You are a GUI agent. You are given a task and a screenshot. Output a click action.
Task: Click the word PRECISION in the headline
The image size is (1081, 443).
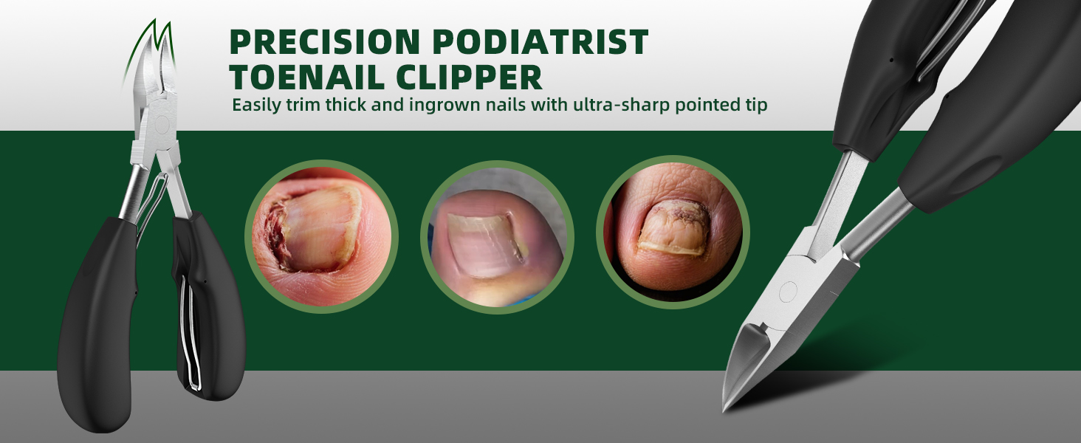point(325,41)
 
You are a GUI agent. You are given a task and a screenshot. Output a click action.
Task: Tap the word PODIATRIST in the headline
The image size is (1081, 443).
point(540,41)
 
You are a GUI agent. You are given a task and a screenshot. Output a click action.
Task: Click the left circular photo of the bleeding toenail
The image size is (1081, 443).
point(321,236)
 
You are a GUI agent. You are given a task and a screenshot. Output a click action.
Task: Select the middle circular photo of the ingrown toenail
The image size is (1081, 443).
point(497,237)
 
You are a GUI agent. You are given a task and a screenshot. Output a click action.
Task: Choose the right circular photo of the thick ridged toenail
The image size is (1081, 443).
point(673,232)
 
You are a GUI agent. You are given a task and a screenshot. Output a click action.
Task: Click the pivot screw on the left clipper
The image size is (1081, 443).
point(162,125)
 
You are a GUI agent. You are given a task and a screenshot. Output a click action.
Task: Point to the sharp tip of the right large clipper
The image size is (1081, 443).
point(724,411)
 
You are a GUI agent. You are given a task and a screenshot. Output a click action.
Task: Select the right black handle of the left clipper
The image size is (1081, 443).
point(207,309)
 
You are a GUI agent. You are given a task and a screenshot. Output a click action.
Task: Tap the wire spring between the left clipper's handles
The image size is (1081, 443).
point(155,203)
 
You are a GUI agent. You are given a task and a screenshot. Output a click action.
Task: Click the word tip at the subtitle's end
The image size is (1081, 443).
point(755,106)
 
